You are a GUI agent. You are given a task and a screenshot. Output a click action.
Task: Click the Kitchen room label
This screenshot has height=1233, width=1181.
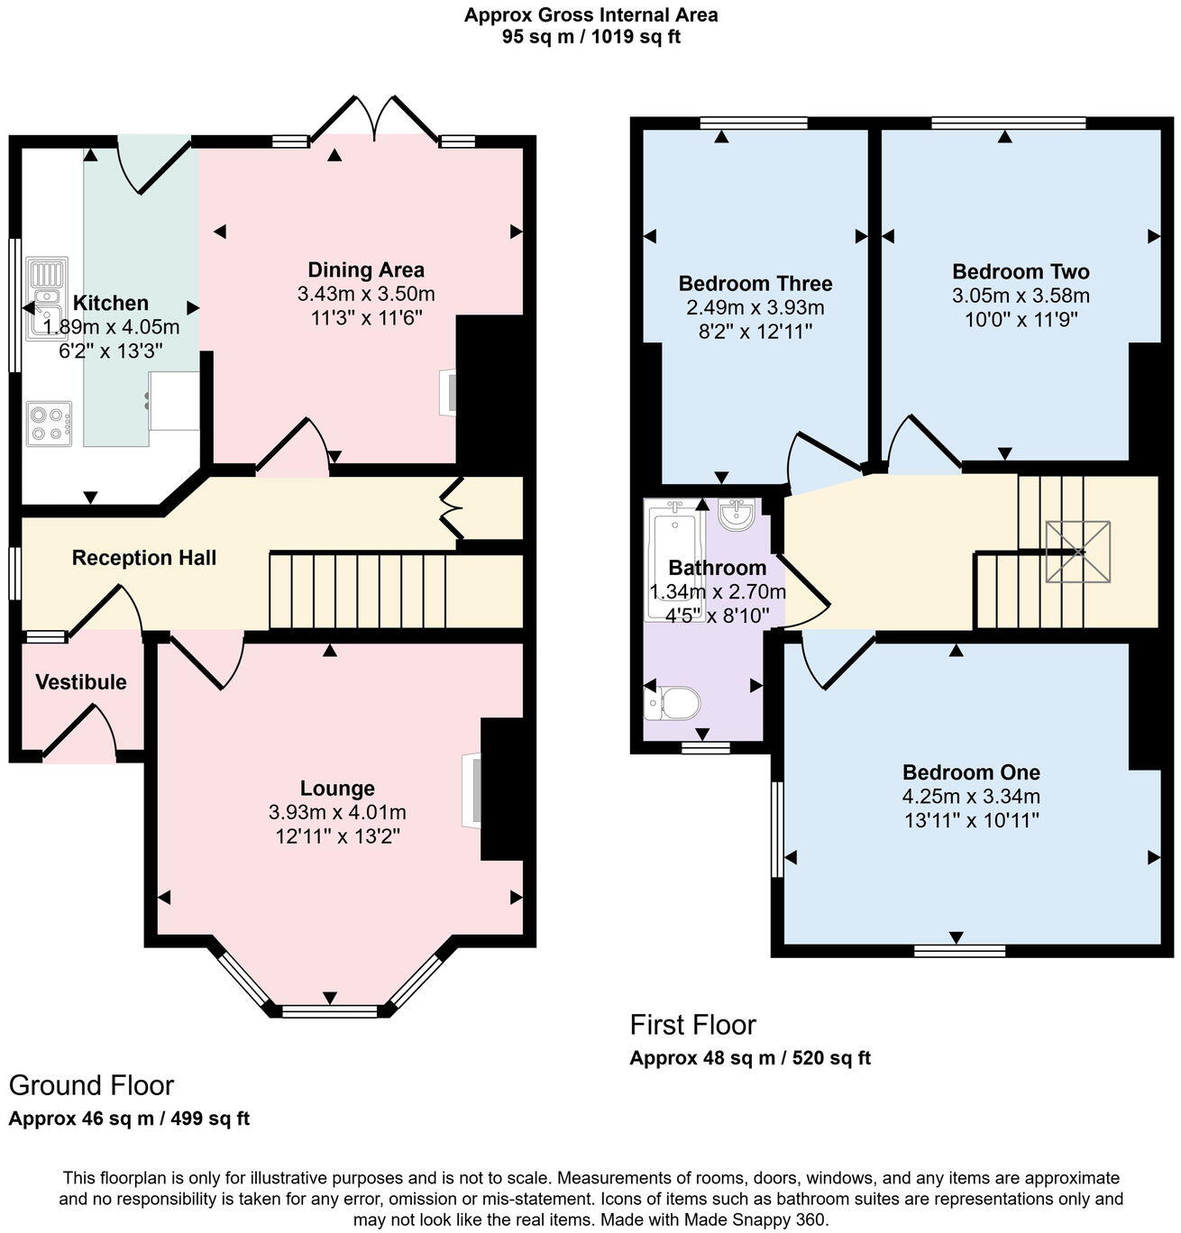(x=110, y=303)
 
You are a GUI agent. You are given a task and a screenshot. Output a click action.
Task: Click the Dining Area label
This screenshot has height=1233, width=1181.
(x=365, y=269)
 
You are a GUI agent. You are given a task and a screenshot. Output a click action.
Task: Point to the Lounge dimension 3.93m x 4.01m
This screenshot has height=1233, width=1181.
(x=337, y=812)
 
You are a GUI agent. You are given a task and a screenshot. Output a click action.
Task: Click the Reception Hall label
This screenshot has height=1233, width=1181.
(x=144, y=558)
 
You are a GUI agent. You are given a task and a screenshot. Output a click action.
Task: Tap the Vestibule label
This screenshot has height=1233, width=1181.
(x=81, y=682)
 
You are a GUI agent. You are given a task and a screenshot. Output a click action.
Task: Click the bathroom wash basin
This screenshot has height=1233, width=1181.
(x=737, y=515)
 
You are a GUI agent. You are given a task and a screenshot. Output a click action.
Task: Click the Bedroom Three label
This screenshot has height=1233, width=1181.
(x=755, y=284)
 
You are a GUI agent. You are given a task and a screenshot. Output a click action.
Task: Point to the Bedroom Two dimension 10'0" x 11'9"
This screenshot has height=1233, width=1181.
(x=1021, y=319)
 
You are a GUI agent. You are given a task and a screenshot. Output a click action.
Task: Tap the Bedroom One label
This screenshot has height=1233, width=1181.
(x=971, y=772)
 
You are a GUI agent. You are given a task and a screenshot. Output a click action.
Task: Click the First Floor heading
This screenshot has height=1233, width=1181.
(x=692, y=1025)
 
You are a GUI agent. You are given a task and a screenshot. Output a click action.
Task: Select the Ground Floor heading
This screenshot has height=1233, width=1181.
(x=91, y=1085)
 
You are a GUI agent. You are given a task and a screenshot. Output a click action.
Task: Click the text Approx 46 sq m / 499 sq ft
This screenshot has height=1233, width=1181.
(x=129, y=1119)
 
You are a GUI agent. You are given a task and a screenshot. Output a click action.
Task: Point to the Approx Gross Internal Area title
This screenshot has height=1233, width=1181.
(x=590, y=14)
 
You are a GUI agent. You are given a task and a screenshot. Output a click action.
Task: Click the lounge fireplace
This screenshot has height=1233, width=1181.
(x=472, y=790)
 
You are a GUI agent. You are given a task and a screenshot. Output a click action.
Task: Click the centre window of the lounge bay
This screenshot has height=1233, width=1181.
(x=330, y=1011)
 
